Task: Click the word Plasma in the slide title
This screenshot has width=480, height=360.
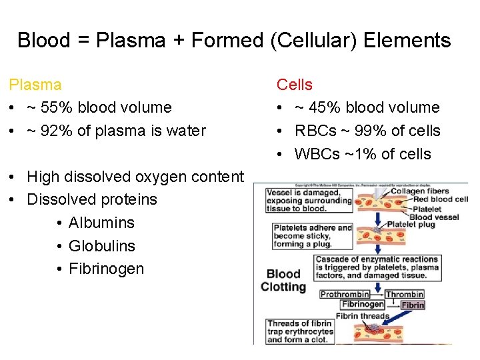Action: pyautogui.click(x=130, y=40)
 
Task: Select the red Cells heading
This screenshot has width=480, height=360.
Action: pyautogui.click(x=295, y=85)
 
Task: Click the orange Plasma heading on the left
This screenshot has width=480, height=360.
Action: pyautogui.click(x=35, y=85)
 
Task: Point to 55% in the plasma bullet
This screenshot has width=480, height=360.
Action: pyautogui.click(x=51, y=107)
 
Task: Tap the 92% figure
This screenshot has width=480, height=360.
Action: pyautogui.click(x=51, y=131)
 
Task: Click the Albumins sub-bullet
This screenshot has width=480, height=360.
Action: pyautogui.click(x=101, y=223)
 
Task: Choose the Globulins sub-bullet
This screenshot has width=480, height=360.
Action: pyautogui.click(x=102, y=246)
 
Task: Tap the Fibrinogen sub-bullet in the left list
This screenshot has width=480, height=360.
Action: pyautogui.click(x=106, y=269)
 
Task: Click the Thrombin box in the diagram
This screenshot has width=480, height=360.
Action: pyautogui.click(x=405, y=294)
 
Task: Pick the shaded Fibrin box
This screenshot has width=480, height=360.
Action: pyautogui.click(x=413, y=305)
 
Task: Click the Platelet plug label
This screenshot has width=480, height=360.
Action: pyautogui.click(x=411, y=225)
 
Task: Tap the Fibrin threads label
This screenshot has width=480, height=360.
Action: pyautogui.click(x=362, y=315)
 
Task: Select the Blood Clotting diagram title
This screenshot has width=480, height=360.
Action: pyautogui.click(x=283, y=281)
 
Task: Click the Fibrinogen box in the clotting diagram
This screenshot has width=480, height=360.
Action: pyautogui.click(x=363, y=305)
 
